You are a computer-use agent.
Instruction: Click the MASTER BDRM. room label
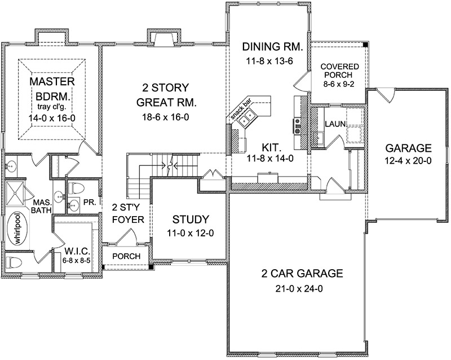tap(52, 89)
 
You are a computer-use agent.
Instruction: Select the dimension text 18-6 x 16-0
tap(166, 117)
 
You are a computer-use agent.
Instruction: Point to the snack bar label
tap(241, 109)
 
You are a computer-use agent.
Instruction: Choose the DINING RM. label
tap(272, 46)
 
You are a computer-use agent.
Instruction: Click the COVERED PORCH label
tap(340, 71)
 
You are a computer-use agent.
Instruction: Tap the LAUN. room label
tap(335, 124)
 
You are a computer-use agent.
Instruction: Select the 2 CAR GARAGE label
tap(302, 273)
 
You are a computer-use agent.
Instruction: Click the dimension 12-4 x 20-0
tap(408, 161)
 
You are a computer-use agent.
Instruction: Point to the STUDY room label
tap(191, 219)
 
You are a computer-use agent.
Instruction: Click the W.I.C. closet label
tap(78, 250)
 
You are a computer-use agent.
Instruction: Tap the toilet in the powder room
tap(77, 188)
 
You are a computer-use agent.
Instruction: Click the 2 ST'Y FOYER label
tap(128, 213)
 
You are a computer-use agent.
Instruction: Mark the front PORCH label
tap(126, 256)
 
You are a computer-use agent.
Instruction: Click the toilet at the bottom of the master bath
tap(14, 262)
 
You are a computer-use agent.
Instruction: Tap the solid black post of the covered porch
tap(365, 45)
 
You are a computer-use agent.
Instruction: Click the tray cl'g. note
tap(52, 107)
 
